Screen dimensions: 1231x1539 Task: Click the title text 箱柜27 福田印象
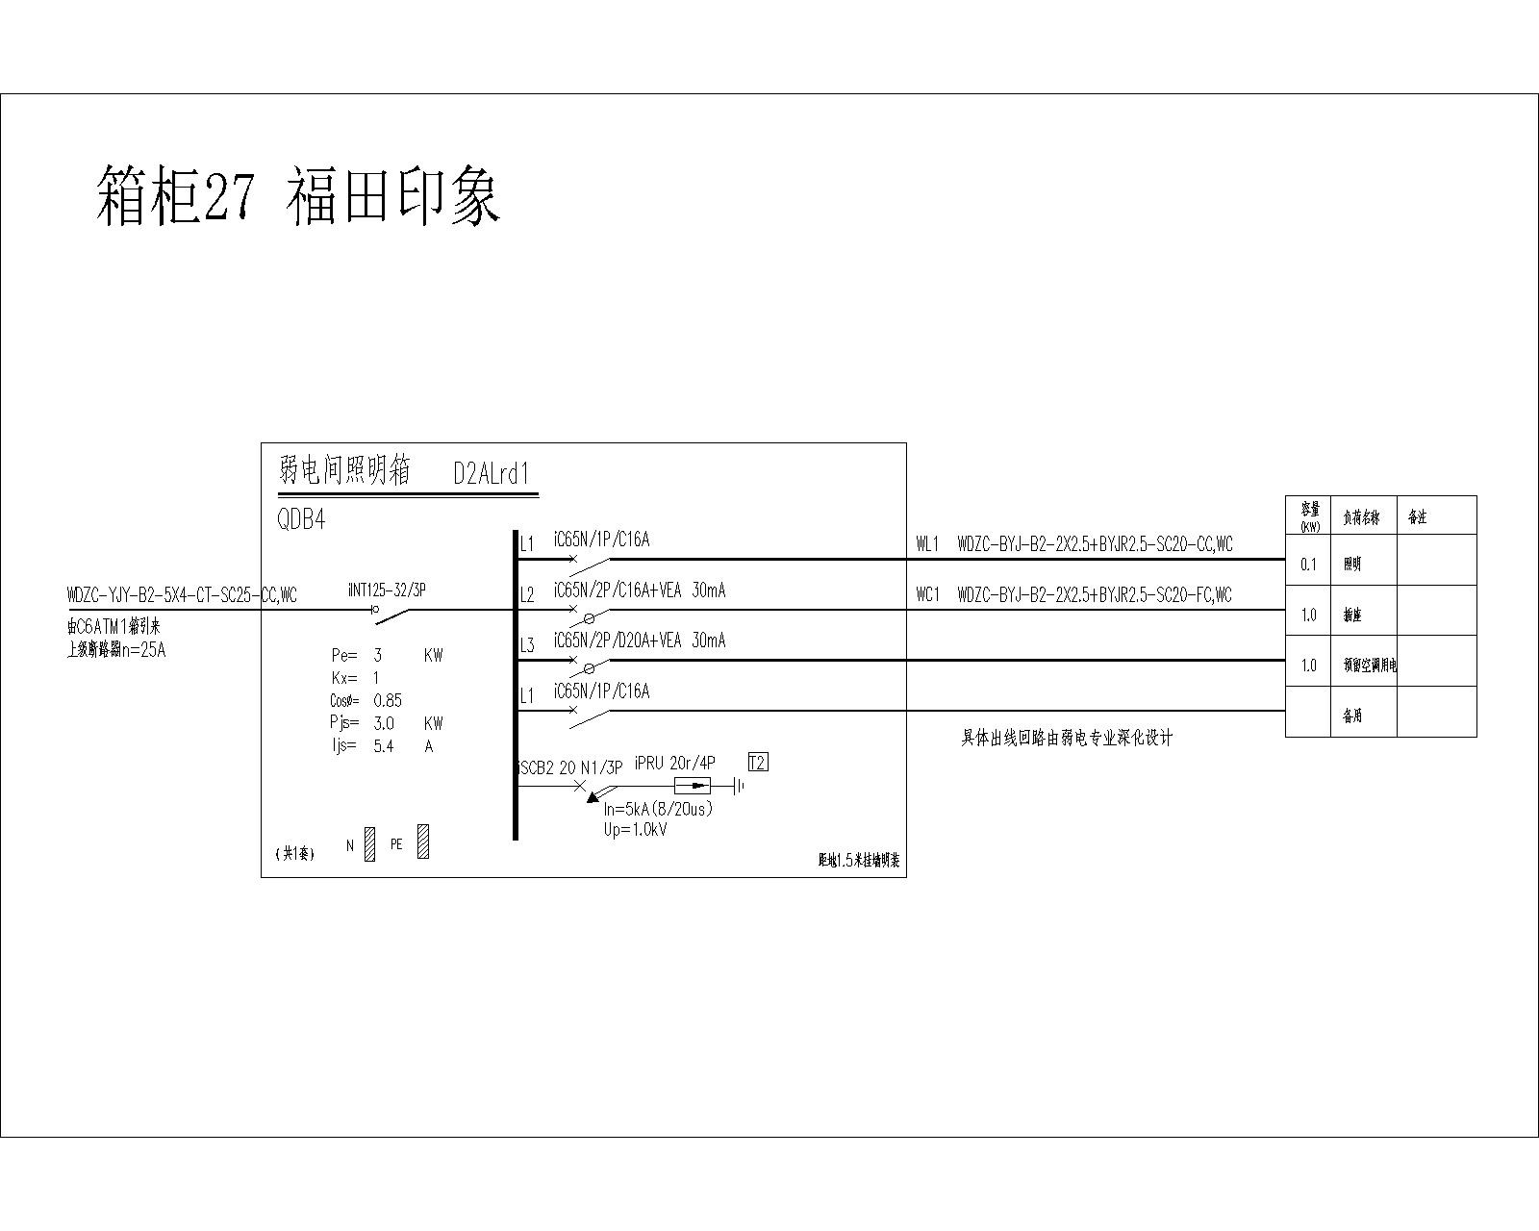pyautogui.click(x=298, y=196)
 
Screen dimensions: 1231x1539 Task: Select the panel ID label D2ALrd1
pyautogui.click(x=492, y=474)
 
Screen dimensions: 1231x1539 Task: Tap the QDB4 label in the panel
pyautogui.click(x=301, y=520)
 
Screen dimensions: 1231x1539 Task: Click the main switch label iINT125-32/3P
pyautogui.click(x=387, y=590)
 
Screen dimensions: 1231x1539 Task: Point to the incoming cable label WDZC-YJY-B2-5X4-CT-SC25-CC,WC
pyautogui.click(x=182, y=595)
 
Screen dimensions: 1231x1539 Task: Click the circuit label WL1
pyautogui.click(x=927, y=545)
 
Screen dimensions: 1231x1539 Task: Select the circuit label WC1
pyautogui.click(x=927, y=595)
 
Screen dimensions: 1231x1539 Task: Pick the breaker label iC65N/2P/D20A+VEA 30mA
pyautogui.click(x=640, y=641)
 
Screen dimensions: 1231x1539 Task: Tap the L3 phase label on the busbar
pyautogui.click(x=527, y=645)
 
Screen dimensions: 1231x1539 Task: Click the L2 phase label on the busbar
pyautogui.click(x=527, y=595)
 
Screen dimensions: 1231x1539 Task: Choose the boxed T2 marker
pyautogui.click(x=758, y=763)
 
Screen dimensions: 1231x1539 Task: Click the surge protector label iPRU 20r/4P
pyautogui.click(x=675, y=763)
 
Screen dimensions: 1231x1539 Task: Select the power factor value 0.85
pyautogui.click(x=388, y=700)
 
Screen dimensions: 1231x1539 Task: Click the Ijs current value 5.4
pyautogui.click(x=383, y=746)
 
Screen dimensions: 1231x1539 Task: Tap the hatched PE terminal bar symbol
pyautogui.click(x=423, y=842)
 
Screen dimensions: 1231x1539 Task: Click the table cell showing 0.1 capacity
pyautogui.click(x=1308, y=565)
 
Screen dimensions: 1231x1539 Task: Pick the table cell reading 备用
pyautogui.click(x=1352, y=716)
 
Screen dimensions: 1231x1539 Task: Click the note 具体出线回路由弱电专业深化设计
pyautogui.click(x=1068, y=739)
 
